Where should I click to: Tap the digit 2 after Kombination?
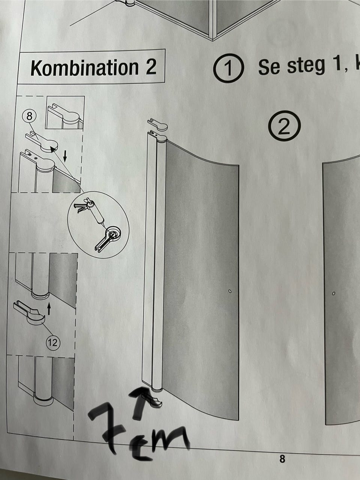click(x=151, y=66)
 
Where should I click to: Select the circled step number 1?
click(x=228, y=68)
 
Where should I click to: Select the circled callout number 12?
click(x=53, y=342)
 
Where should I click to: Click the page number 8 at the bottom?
click(x=282, y=458)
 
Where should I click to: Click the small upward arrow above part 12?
click(x=49, y=308)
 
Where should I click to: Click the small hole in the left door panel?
click(x=229, y=291)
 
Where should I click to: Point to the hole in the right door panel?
click(x=333, y=293)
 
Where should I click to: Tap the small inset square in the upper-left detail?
click(x=65, y=113)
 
